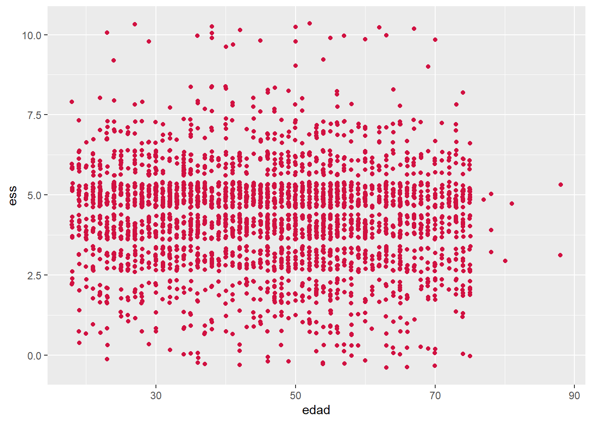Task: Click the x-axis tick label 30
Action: (x=156, y=395)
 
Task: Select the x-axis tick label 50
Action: (x=296, y=395)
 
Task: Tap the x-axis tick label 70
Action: (x=435, y=395)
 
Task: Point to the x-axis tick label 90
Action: (x=574, y=395)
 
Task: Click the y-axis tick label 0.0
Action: (x=34, y=356)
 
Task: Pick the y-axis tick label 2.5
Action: (x=34, y=275)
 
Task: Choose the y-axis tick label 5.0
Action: (x=34, y=195)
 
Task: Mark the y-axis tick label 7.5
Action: (x=34, y=115)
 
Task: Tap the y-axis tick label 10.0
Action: (x=32, y=35)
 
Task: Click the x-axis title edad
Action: (x=316, y=410)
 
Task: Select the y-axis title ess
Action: (x=13, y=195)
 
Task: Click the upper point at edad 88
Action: (x=561, y=185)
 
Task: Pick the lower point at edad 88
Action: (x=560, y=255)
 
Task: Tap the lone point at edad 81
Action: (x=512, y=204)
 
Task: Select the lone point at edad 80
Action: (x=505, y=261)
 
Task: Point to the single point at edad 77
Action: (x=484, y=200)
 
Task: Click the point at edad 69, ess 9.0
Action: (x=428, y=67)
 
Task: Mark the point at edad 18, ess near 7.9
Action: (x=72, y=102)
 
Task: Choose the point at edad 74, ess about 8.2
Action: (x=463, y=93)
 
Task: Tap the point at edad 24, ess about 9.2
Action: (x=114, y=60)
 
